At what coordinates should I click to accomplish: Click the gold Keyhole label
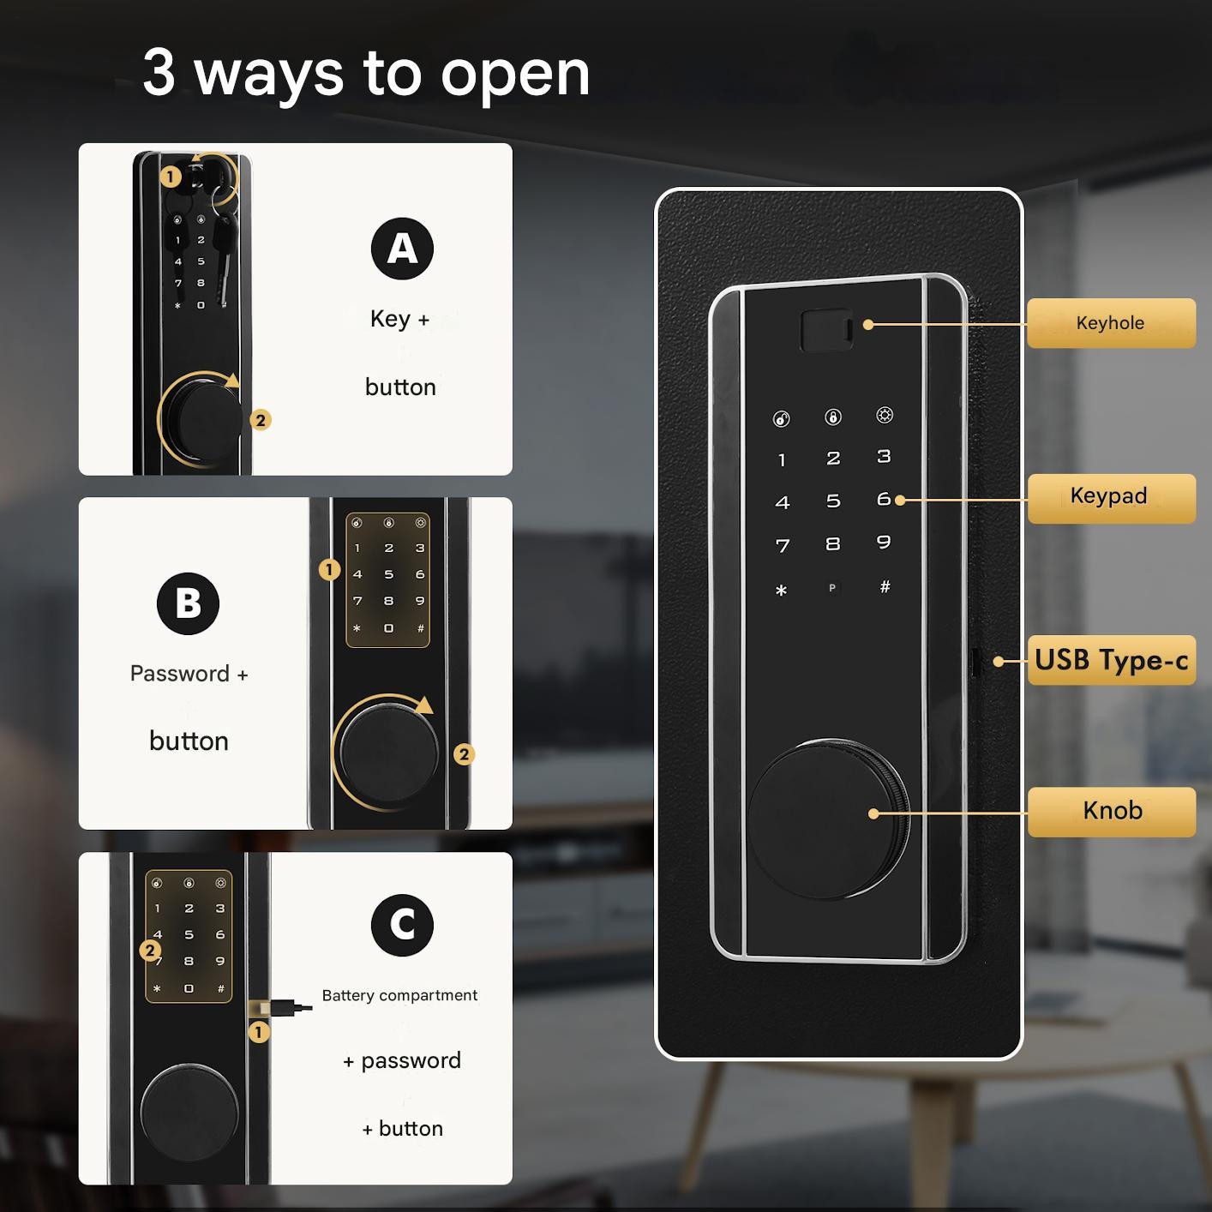coord(1111,322)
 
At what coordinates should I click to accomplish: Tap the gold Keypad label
coord(1111,498)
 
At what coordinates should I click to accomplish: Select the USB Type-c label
coord(1111,660)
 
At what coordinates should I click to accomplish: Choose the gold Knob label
coord(1111,812)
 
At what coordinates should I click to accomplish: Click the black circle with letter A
coord(402,249)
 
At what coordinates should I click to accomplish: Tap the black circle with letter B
coord(188,603)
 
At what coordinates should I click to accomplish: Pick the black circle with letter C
coord(402,925)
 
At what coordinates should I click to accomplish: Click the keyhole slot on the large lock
coord(826,330)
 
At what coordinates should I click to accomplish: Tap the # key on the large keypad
coord(885,587)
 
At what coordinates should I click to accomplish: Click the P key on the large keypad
coord(832,588)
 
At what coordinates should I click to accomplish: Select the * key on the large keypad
coord(781,590)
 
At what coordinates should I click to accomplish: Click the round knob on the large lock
coord(828,819)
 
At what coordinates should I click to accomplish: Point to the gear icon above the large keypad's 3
coord(885,415)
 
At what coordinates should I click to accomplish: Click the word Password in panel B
coord(180,674)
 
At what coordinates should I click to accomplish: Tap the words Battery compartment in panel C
coord(399,996)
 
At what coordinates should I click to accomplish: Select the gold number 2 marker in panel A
coord(261,420)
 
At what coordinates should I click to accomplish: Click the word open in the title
coord(515,75)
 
